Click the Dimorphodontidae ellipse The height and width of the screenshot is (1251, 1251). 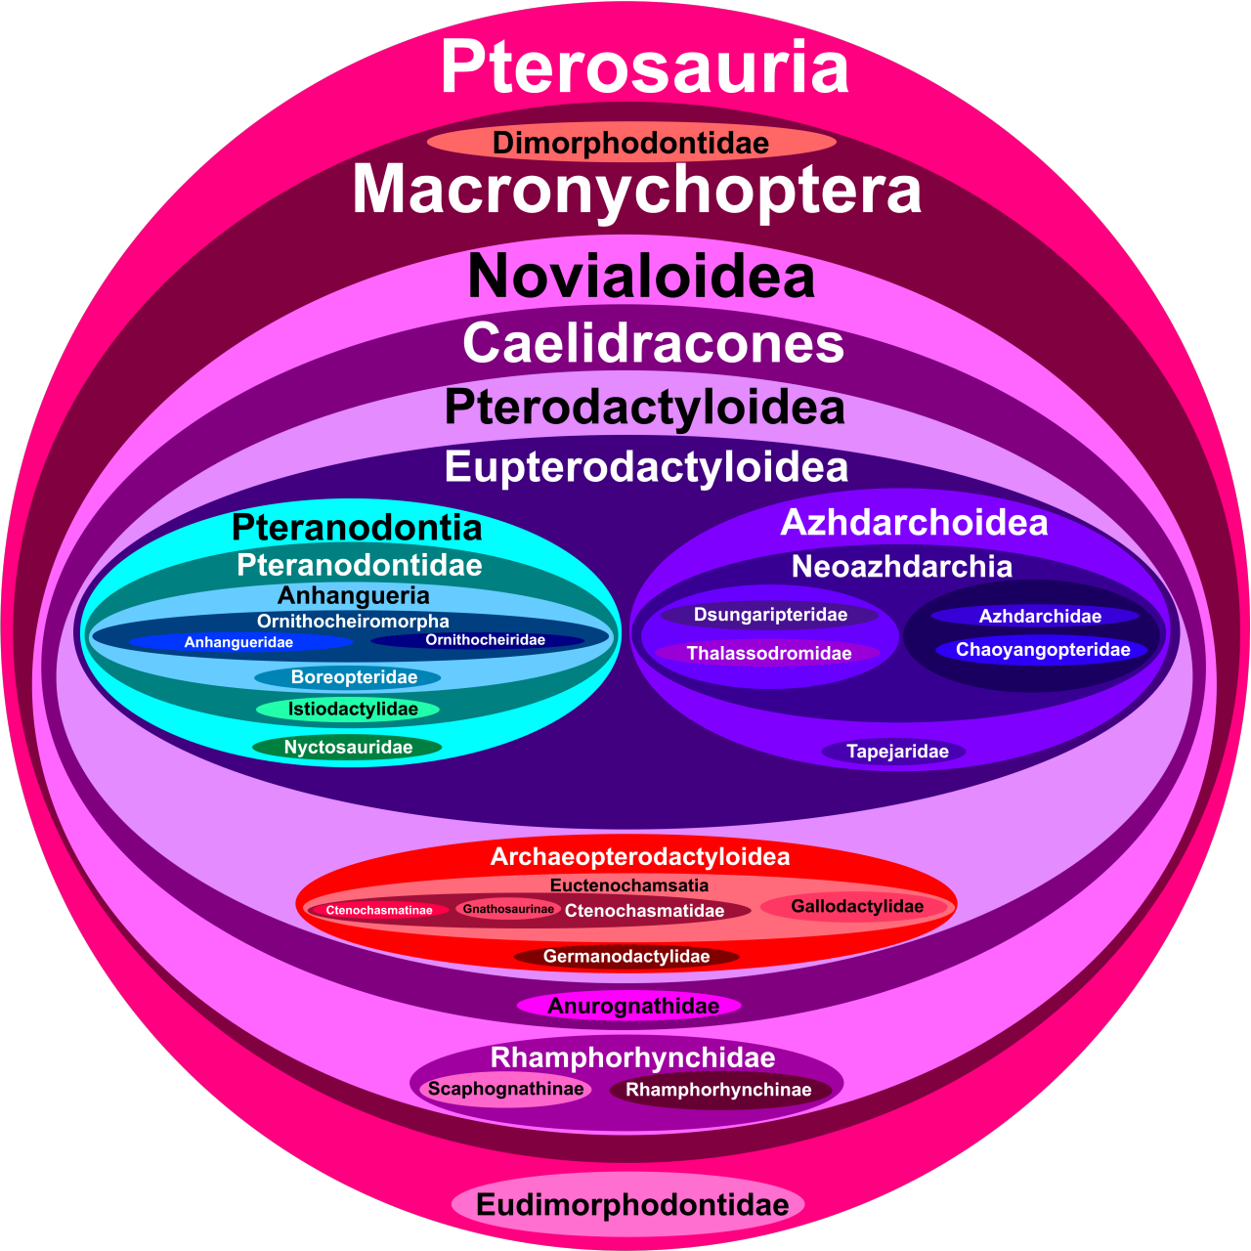click(631, 143)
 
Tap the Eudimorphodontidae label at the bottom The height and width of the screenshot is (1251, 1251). click(631, 1204)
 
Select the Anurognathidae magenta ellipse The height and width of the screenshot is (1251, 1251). click(631, 1006)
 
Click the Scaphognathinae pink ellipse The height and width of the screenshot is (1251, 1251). click(505, 1089)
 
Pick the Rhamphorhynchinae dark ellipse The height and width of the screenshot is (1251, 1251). click(718, 1090)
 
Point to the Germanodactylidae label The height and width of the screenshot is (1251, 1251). click(626, 956)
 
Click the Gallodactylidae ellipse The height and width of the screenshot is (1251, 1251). click(857, 907)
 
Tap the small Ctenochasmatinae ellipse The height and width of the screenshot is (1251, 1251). click(379, 910)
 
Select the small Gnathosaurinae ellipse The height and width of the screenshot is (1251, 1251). click(508, 909)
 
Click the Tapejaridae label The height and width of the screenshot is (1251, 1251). click(896, 752)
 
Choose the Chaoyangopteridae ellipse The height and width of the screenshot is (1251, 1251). click(1043, 650)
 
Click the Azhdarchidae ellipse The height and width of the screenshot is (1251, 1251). click(1039, 616)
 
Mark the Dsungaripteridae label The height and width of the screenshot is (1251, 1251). click(770, 615)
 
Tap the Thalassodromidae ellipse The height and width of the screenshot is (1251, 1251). click(768, 653)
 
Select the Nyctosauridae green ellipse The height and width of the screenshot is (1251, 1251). click(348, 748)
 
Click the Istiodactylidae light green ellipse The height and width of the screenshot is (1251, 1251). click(352, 710)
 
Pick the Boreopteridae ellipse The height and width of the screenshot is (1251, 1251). click(353, 677)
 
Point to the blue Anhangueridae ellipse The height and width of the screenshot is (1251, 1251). click(239, 642)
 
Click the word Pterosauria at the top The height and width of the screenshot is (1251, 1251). click(644, 68)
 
